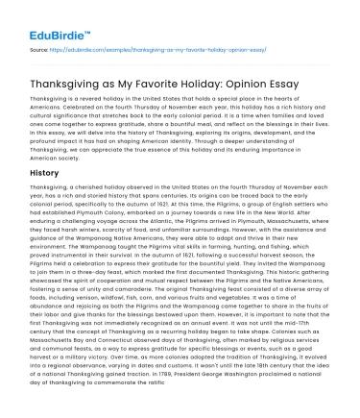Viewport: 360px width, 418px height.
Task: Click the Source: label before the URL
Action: [40, 46]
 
